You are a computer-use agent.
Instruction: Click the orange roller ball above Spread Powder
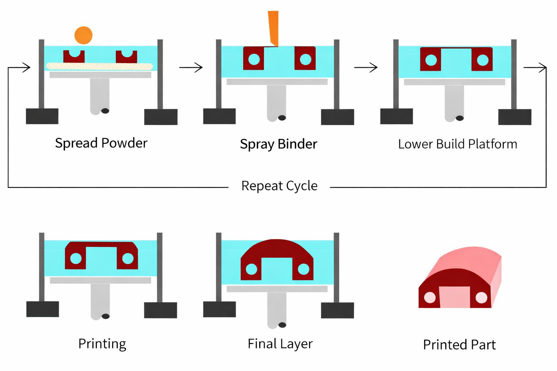(x=83, y=35)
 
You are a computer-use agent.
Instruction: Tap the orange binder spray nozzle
(x=273, y=29)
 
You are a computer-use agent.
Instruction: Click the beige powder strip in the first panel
(x=100, y=66)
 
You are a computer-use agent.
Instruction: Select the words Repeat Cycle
(x=279, y=186)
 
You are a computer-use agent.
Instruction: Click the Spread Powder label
(x=101, y=143)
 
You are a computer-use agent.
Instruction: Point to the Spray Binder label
(x=278, y=144)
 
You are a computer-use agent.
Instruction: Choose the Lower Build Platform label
(x=458, y=144)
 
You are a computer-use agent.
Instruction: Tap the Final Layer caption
(x=280, y=344)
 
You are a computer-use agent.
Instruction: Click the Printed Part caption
(x=459, y=345)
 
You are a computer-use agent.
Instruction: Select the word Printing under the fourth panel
(x=102, y=344)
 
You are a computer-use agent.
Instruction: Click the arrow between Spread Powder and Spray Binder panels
(x=191, y=67)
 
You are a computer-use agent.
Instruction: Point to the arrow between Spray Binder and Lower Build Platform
(x=366, y=67)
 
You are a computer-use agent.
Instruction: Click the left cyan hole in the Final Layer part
(x=251, y=269)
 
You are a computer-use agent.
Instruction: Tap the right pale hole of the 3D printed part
(x=482, y=298)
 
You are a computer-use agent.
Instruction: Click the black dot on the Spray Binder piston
(x=282, y=118)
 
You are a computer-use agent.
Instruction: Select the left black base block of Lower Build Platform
(x=397, y=116)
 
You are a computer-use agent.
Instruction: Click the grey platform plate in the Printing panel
(x=100, y=280)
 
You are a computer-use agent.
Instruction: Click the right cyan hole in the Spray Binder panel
(x=306, y=59)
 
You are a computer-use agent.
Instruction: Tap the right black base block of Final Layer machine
(x=338, y=310)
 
